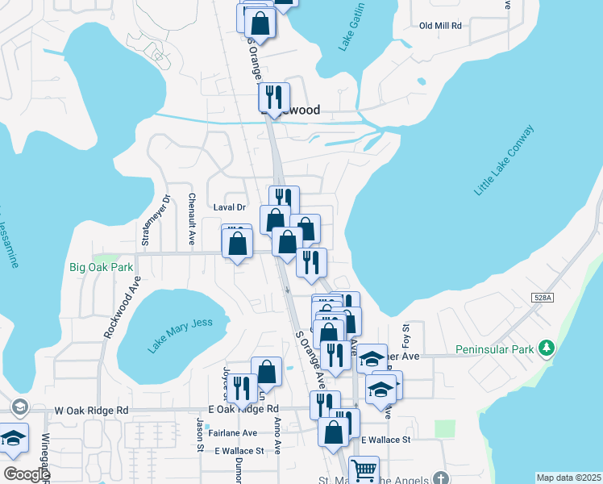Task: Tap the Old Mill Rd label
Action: pyautogui.click(x=440, y=26)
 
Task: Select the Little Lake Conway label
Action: pyautogui.click(x=504, y=160)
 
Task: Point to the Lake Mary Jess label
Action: pyautogui.click(x=181, y=335)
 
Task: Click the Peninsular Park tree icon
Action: pyautogui.click(x=548, y=348)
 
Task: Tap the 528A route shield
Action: pyautogui.click(x=543, y=298)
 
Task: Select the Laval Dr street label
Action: pyautogui.click(x=229, y=207)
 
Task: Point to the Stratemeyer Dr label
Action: pyautogui.click(x=145, y=219)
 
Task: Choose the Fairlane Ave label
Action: pyautogui.click(x=232, y=432)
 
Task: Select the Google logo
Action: pyautogui.click(x=27, y=474)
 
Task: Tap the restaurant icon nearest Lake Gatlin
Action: pyautogui.click(x=274, y=98)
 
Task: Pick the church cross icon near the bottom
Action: pyautogui.click(x=439, y=478)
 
